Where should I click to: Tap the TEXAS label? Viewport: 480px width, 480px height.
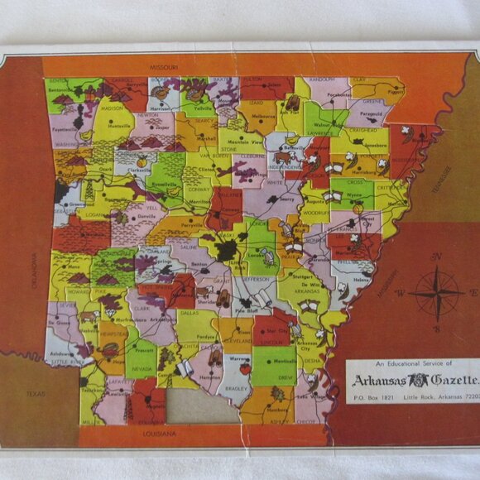point(35,394)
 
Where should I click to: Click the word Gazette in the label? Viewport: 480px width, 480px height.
point(447,381)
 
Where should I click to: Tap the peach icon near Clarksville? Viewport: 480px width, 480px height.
point(142,163)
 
